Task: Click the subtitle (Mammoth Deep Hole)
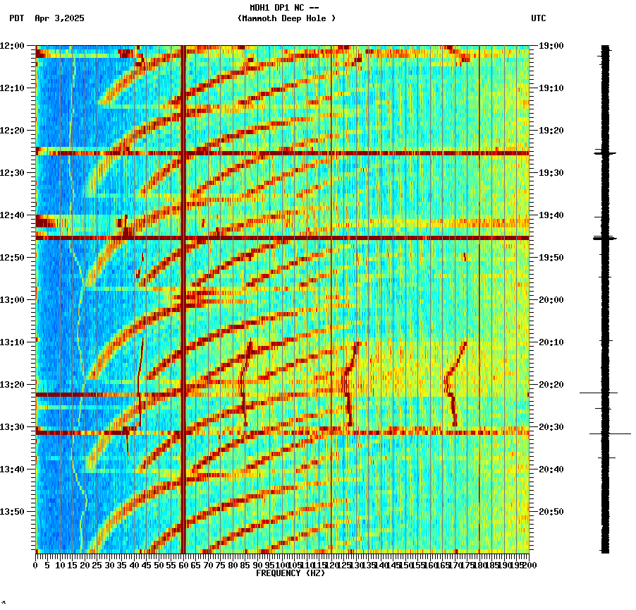point(286,18)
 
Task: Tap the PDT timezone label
point(16,18)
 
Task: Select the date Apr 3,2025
point(59,18)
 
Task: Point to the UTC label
point(538,18)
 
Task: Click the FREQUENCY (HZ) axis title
point(290,573)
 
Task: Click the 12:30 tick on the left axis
point(13,173)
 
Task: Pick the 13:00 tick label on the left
point(13,300)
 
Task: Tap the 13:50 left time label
point(13,512)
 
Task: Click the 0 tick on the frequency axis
point(36,566)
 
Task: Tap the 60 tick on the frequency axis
point(183,566)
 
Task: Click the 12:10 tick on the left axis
point(13,88)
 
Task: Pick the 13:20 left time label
point(13,385)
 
